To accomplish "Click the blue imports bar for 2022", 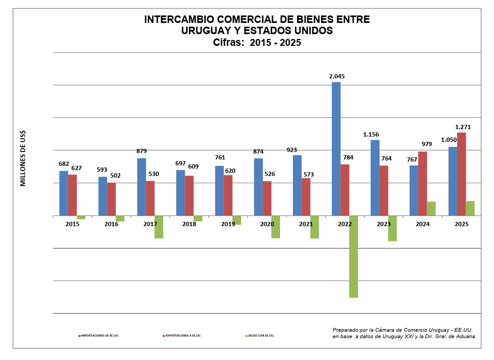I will click(336, 149).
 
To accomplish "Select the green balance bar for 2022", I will click(353, 257).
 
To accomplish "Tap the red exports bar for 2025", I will click(461, 174).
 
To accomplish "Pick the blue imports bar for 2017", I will click(141, 187).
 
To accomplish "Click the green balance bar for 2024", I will click(431, 209).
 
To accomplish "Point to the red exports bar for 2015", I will click(73, 195).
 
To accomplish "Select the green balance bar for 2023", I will click(392, 228).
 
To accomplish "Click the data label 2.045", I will click(337, 76).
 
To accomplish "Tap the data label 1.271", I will click(463, 127).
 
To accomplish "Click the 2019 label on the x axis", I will click(228, 224).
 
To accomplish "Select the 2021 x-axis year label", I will click(306, 224).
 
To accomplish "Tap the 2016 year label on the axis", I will click(111, 224).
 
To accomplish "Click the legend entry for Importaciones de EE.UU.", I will click(99, 335).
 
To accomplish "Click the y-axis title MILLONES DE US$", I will click(23, 158).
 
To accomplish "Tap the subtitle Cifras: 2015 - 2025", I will click(257, 43).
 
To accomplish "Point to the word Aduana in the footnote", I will click(463, 337).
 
